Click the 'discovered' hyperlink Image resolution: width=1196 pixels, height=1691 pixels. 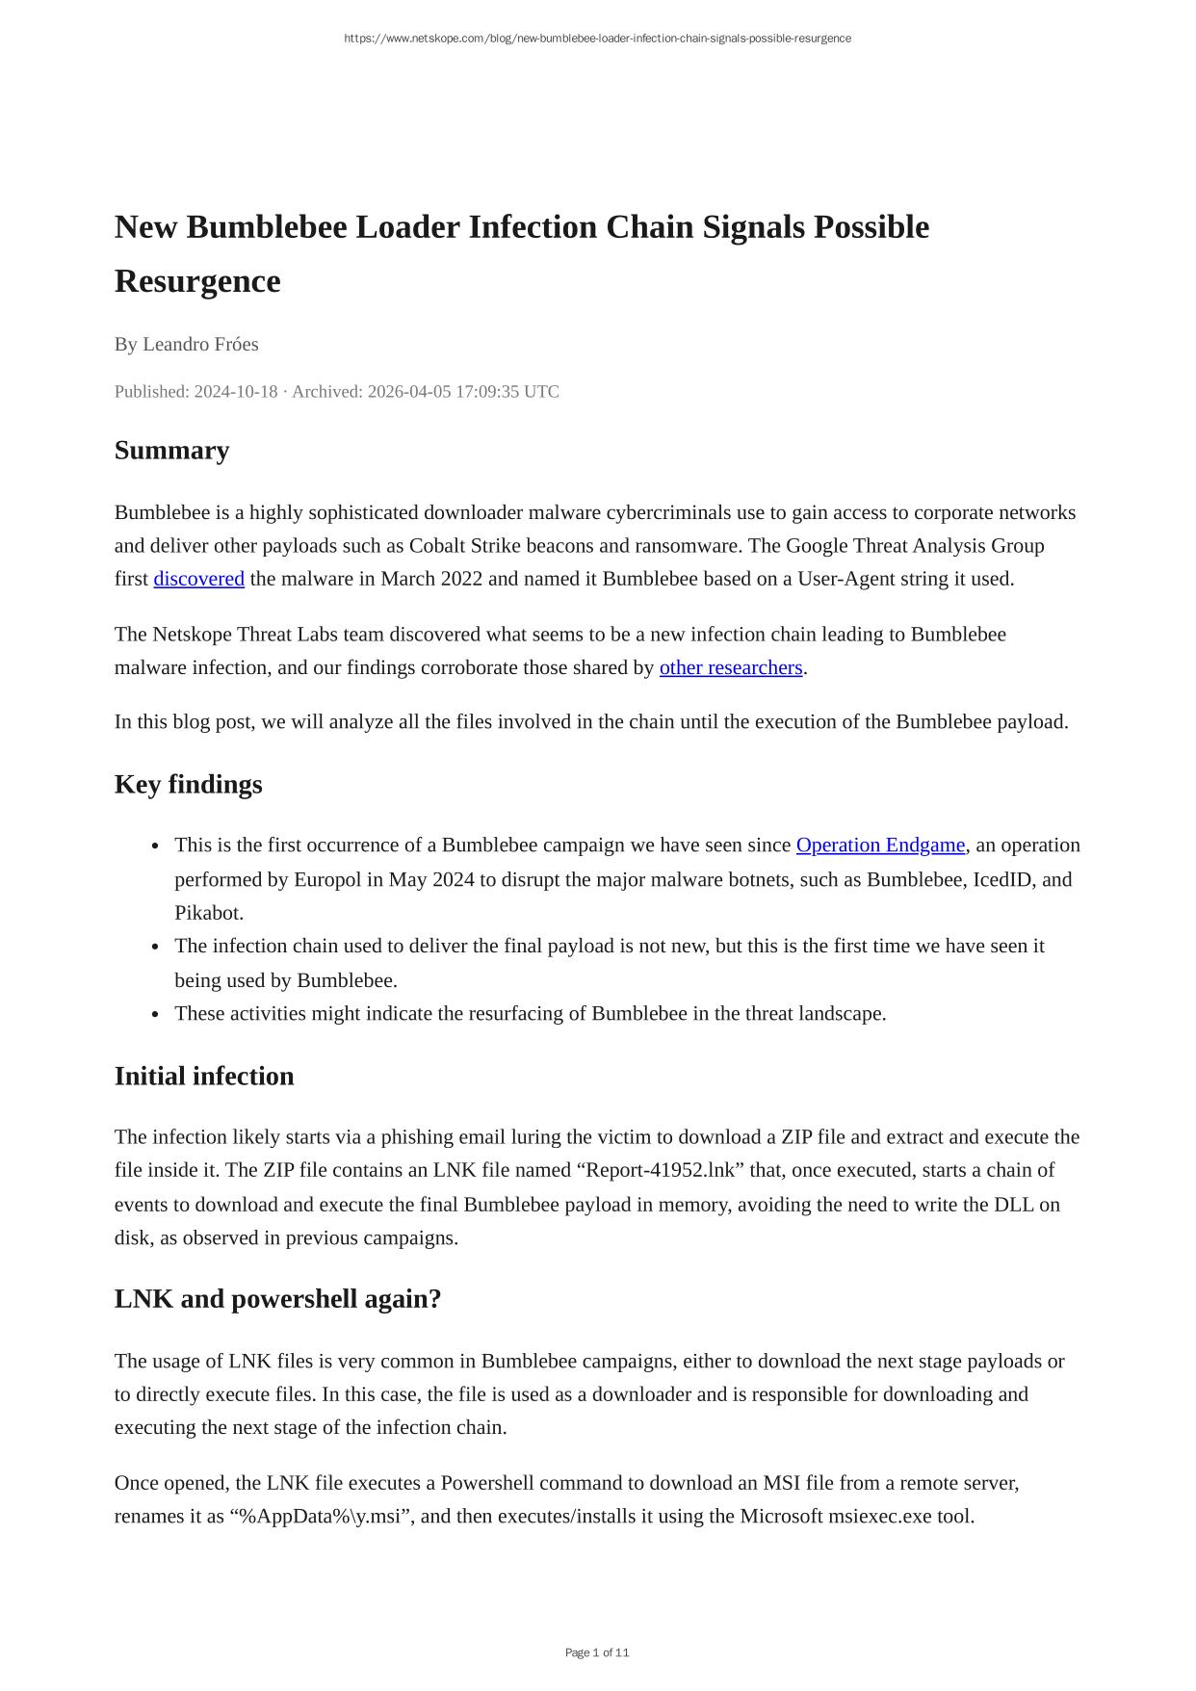[x=198, y=579]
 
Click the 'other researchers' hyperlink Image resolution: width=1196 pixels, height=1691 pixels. [x=730, y=667]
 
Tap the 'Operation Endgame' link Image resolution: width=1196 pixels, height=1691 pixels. [x=879, y=845]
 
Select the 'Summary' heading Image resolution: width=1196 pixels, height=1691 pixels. [x=171, y=451]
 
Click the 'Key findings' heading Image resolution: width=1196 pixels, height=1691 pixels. [x=188, y=784]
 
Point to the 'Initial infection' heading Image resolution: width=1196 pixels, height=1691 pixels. [x=204, y=1076]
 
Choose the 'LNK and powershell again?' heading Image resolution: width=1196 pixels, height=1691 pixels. [x=277, y=1299]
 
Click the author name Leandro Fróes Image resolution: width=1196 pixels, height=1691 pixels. [x=200, y=344]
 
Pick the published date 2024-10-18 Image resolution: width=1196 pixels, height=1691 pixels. [x=235, y=391]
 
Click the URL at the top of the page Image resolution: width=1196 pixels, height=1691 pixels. [x=597, y=39]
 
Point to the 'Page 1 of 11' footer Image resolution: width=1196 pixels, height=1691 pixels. [x=597, y=1652]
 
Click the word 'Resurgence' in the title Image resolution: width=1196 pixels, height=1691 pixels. [x=197, y=281]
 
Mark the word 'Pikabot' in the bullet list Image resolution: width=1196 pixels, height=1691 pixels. [x=208, y=912]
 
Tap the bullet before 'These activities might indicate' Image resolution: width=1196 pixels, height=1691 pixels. [x=155, y=1014]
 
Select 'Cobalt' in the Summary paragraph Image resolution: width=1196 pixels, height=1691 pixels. [x=436, y=546]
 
